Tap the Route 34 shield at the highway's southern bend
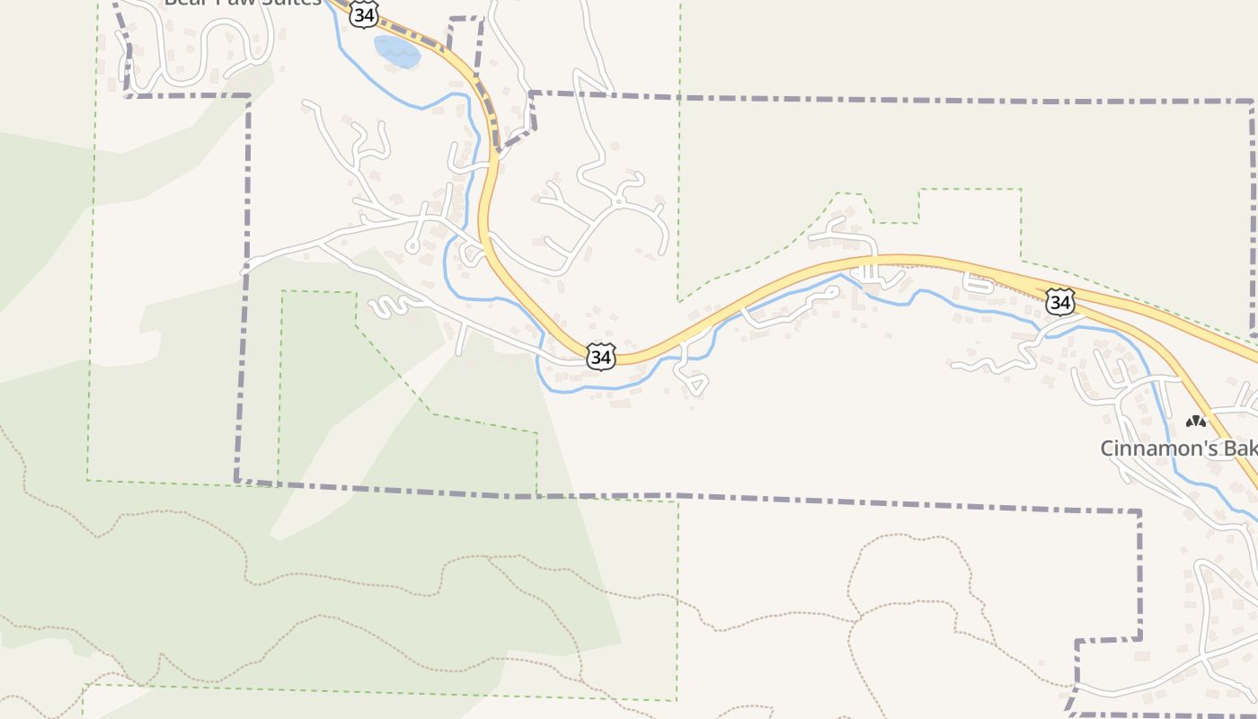click(601, 356)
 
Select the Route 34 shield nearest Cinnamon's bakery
click(1060, 302)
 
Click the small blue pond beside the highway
click(396, 52)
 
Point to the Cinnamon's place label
click(1178, 448)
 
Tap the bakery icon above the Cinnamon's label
click(1195, 421)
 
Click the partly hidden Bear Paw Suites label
click(243, 3)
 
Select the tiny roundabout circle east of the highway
click(618, 201)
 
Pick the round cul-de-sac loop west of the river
click(412, 244)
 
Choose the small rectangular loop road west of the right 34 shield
click(979, 282)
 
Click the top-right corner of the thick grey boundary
click(1251, 102)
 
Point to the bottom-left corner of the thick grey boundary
click(237, 480)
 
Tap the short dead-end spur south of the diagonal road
click(462, 340)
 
